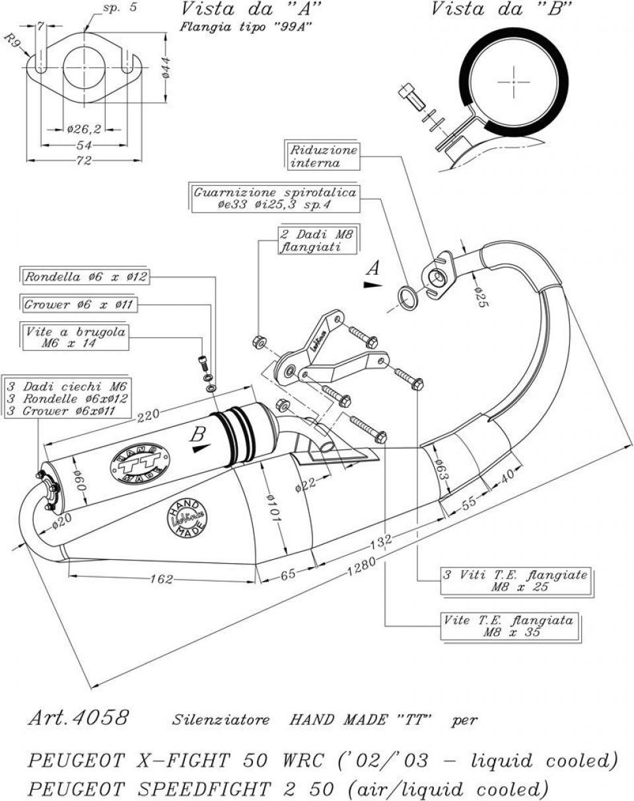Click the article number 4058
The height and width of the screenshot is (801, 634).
[101, 718]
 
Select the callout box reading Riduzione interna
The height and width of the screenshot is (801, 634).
[322, 157]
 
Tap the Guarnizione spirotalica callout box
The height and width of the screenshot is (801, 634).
[275, 198]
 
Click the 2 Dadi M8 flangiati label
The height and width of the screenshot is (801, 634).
[318, 241]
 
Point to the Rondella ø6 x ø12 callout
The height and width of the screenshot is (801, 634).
[85, 276]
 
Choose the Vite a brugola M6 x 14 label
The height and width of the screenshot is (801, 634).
[75, 337]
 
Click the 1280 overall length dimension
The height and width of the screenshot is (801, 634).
[361, 566]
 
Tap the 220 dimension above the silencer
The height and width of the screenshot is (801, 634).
[148, 416]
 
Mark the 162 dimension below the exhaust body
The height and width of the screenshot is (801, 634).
[162, 579]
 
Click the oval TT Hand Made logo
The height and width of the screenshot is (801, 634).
[140, 463]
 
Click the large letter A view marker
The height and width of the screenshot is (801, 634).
[373, 268]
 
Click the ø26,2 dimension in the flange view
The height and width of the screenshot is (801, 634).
[84, 129]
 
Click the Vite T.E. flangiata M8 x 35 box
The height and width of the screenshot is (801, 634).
[511, 626]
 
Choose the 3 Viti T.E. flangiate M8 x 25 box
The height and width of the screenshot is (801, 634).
[516, 581]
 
